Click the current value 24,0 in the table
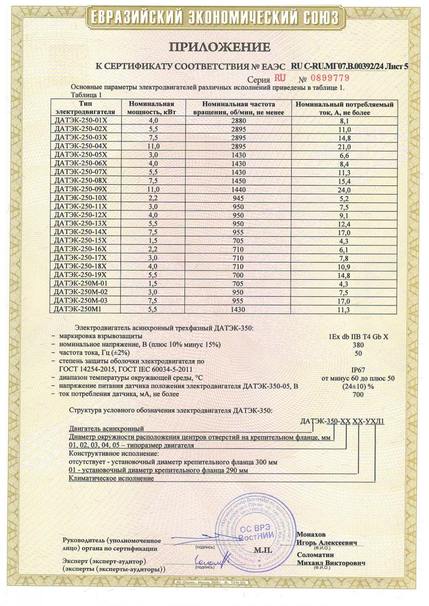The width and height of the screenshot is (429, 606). point(345,189)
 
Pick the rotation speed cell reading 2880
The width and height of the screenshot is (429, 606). point(239,121)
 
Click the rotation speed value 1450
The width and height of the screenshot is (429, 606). point(239,181)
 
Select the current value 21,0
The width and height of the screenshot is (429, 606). point(345,146)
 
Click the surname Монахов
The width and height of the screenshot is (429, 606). point(311,535)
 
